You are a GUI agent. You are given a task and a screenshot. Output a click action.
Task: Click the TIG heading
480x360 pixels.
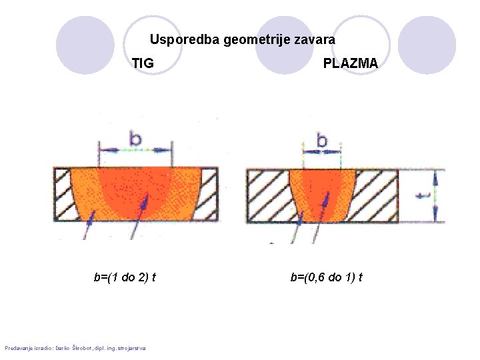143,63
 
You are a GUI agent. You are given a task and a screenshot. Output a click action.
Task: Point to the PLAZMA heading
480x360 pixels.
350,63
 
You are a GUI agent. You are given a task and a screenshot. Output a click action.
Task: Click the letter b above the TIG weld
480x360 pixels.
135,139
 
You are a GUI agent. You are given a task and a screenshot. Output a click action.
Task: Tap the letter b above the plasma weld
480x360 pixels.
322,141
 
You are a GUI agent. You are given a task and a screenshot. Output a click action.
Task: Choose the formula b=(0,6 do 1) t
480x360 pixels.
326,277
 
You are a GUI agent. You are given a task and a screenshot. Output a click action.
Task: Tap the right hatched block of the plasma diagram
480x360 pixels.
375,195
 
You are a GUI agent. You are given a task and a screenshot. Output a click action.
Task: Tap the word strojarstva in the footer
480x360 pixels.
133,347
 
